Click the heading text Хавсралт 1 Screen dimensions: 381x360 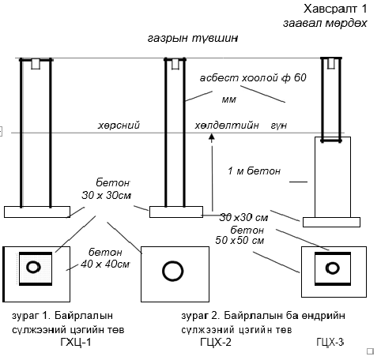[x=335, y=9]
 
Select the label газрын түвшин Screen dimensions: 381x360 [x=193, y=39]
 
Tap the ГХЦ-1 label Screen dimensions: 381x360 [x=76, y=342]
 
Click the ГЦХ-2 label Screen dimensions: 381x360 [x=216, y=342]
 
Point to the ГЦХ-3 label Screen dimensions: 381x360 [x=330, y=342]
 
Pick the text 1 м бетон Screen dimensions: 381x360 [x=254, y=171]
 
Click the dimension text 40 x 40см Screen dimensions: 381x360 [x=105, y=264]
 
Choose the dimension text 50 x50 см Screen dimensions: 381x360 [x=240, y=240]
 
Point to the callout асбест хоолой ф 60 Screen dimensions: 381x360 [x=253, y=78]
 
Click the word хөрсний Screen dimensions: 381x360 [x=119, y=126]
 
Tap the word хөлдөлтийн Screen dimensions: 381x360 [x=227, y=126]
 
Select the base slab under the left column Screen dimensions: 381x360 [x=37, y=212]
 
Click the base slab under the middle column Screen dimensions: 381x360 [x=176, y=212]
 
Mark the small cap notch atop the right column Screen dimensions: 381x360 [x=331, y=63]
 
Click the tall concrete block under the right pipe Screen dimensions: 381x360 [x=333, y=177]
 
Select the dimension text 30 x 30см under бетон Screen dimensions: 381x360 [x=107, y=196]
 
